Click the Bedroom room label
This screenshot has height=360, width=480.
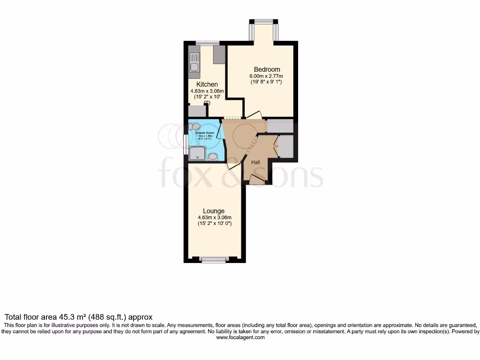point(267,69)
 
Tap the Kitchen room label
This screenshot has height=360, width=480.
point(207,84)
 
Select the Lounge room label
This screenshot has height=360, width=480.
point(214,211)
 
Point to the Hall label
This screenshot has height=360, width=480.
point(256,162)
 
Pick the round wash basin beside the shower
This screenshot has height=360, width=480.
point(213,156)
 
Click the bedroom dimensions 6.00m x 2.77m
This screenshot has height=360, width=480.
point(266,76)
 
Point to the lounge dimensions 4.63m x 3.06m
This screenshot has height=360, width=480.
point(214,217)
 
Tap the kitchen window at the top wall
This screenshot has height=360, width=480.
point(204,43)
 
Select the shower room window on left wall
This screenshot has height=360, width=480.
point(186,145)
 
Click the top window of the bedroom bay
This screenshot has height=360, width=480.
point(263,21)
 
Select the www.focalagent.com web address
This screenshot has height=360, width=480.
point(240,337)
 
